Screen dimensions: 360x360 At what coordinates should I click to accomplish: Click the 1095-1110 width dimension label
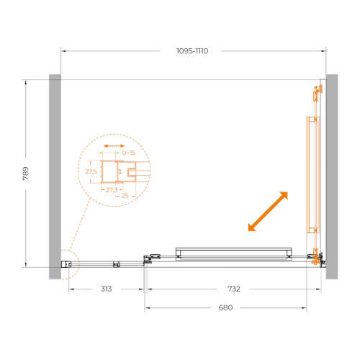click(x=192, y=51)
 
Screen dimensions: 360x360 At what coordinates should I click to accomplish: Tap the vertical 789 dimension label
click(x=26, y=174)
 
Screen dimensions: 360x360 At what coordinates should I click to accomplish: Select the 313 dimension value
click(x=106, y=289)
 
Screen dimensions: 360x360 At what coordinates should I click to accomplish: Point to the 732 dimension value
click(x=234, y=289)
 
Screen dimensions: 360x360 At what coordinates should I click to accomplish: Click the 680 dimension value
click(x=225, y=307)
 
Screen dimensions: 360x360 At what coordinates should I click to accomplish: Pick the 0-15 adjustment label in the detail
click(x=129, y=153)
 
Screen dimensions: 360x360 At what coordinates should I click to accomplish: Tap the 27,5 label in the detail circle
click(x=91, y=171)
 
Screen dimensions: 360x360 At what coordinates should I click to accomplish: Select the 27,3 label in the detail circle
click(x=112, y=190)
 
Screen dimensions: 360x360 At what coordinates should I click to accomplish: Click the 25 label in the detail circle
click(x=125, y=196)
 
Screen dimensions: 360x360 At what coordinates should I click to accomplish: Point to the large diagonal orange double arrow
click(x=268, y=212)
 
